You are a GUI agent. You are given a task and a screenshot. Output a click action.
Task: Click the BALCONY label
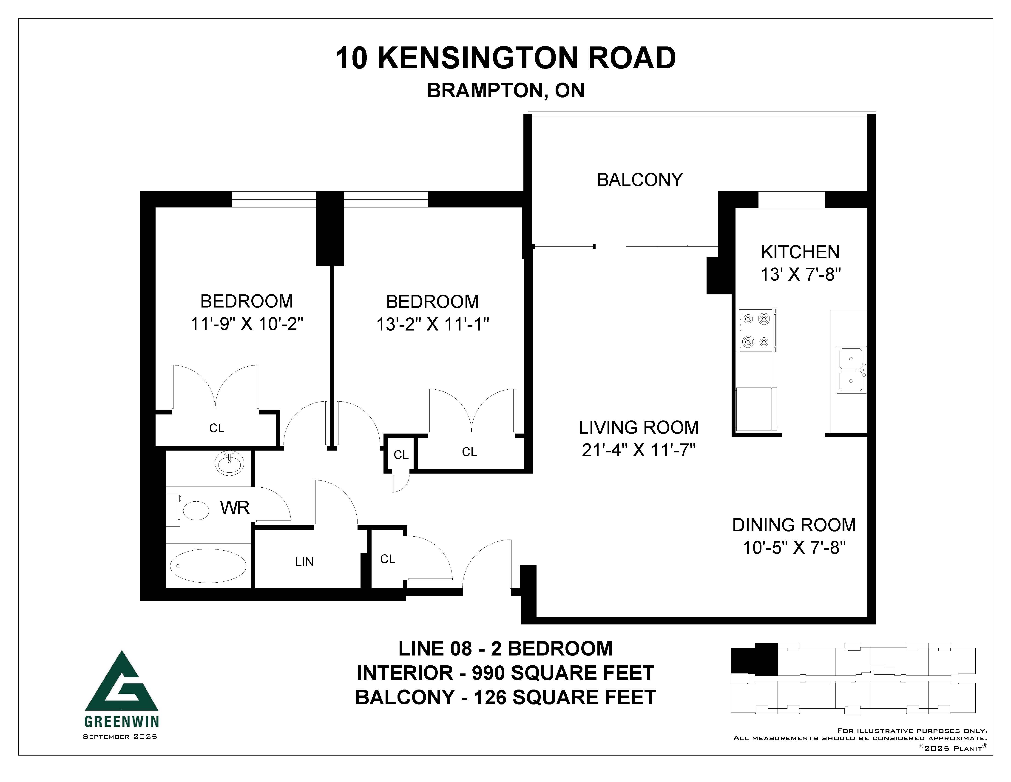coord(640,180)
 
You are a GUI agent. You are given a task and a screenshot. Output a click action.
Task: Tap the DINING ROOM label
coord(794,525)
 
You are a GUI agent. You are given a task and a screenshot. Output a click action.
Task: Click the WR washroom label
coord(235,508)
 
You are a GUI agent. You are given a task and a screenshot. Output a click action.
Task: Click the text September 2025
coord(120,737)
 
